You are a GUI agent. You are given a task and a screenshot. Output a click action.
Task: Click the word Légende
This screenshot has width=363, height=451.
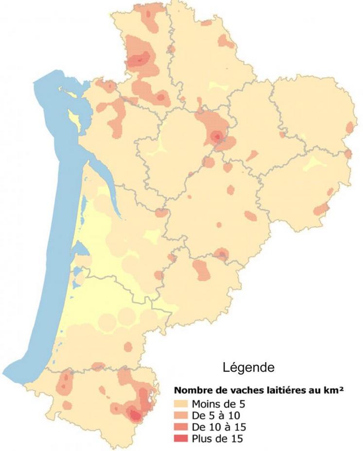[x=249, y=368]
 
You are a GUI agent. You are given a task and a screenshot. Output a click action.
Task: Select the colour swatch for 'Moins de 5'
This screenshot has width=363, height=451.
[x=182, y=404]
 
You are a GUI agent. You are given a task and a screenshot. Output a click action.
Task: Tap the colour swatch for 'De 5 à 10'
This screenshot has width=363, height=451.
[x=182, y=416]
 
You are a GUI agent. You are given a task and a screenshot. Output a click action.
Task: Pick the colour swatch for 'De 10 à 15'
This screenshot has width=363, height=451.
[x=182, y=427]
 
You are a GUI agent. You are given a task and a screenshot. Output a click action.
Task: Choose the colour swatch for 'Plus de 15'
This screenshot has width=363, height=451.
[x=182, y=439]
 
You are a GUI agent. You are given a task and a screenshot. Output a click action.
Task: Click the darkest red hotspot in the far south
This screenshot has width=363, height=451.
[x=134, y=414]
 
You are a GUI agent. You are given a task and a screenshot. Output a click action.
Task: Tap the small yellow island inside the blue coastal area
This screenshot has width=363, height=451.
[x=73, y=117]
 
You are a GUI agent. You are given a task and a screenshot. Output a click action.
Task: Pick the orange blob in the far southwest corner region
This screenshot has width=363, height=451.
[x=64, y=384]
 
